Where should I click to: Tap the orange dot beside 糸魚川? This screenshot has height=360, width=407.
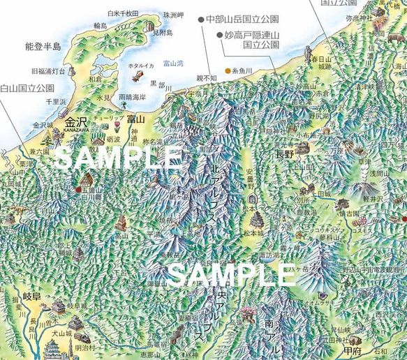228,70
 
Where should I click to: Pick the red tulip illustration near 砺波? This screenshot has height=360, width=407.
116,126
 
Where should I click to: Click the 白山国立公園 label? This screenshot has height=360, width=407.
27,89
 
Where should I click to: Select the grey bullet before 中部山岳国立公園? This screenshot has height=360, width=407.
201,20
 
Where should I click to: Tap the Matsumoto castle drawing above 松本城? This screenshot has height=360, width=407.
257,220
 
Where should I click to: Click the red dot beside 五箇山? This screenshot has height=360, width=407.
77,188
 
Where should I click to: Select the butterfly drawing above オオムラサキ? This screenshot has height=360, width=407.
317,293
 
